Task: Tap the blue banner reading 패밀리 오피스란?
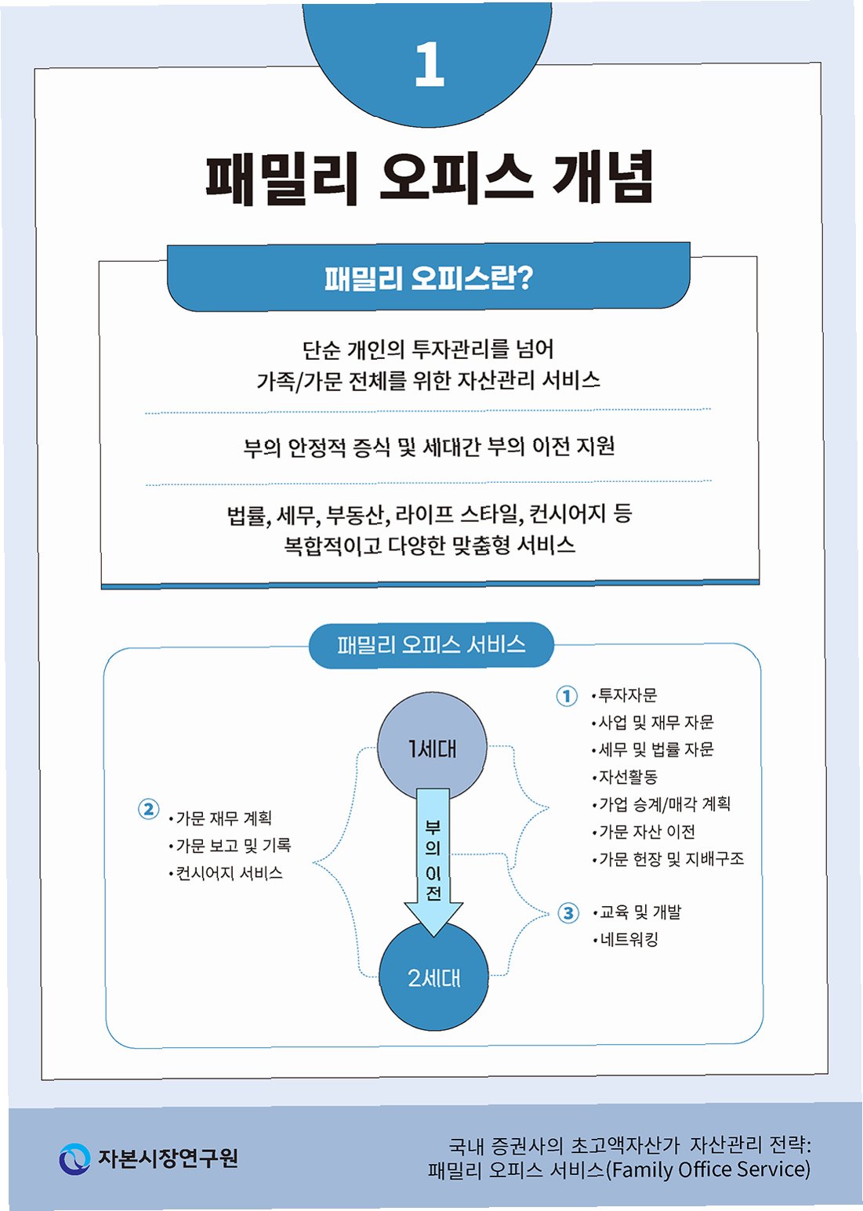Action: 429,278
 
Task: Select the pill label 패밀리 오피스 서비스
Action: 431,645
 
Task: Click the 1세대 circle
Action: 432,749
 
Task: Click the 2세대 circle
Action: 433,977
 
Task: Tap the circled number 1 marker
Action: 567,696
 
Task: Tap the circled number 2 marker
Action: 148,809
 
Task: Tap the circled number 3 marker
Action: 568,913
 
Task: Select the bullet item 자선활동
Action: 627,777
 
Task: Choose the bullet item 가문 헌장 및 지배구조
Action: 671,859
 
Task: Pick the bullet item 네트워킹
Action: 629,939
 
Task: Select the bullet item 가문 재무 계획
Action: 223,818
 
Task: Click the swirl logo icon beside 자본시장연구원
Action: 74,1158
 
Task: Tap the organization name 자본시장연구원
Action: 168,1158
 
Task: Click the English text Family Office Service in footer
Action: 709,1169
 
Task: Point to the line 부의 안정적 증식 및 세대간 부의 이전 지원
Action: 429,447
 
